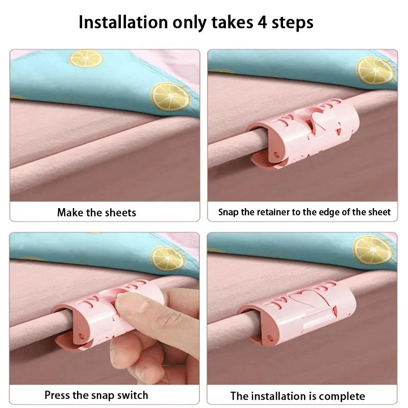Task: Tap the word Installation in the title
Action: [123, 22]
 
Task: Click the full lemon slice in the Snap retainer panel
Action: [375, 71]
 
